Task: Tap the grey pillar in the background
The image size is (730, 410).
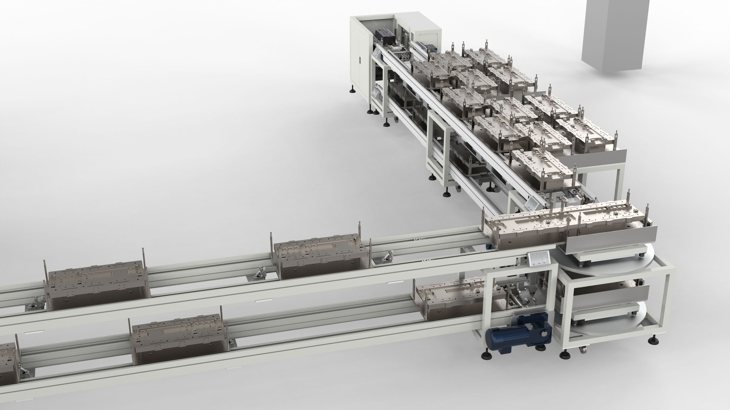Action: point(612,34)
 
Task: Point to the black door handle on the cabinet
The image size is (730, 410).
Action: point(360,61)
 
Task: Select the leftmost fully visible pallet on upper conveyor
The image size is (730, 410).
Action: point(97,285)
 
